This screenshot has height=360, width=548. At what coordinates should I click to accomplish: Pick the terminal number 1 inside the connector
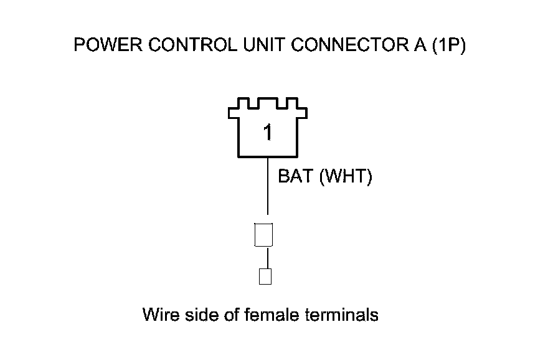tap(268, 133)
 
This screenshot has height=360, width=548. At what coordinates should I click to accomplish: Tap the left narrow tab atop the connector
tap(245, 101)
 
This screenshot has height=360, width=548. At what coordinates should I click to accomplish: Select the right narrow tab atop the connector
tap(290, 101)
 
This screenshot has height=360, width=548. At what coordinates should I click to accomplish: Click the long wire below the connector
tap(268, 187)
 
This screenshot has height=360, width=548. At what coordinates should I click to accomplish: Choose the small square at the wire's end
tap(265, 276)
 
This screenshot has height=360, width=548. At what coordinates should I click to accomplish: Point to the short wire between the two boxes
tap(268, 257)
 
